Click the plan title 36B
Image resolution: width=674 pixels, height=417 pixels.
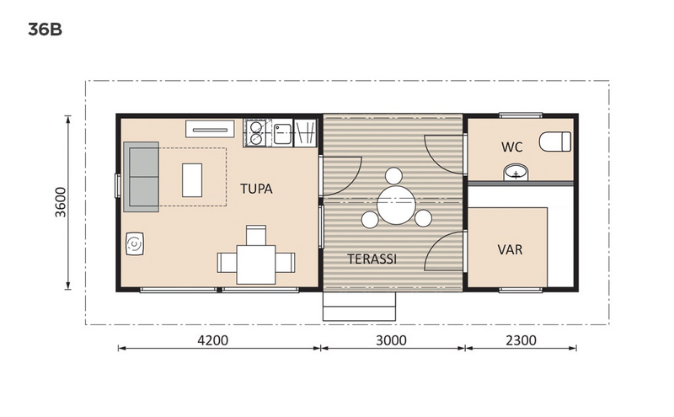45,30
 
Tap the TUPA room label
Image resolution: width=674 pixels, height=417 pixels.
256,189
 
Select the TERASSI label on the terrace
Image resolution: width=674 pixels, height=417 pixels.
372,259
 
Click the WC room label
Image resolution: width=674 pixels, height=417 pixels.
512,147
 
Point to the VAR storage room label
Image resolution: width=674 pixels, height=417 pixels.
511,250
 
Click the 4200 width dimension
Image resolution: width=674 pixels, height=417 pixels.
211,341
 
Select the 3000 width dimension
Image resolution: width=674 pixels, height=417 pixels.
391,341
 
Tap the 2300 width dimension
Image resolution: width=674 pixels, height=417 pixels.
520,341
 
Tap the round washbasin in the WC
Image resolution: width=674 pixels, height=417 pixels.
514,174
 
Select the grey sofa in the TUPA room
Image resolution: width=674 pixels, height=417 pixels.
142,177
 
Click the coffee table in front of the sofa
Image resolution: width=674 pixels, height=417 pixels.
193,177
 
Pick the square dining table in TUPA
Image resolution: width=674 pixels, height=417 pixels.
255,263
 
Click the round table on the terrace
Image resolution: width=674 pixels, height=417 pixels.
394,205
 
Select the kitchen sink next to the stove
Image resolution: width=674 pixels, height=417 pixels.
282,132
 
